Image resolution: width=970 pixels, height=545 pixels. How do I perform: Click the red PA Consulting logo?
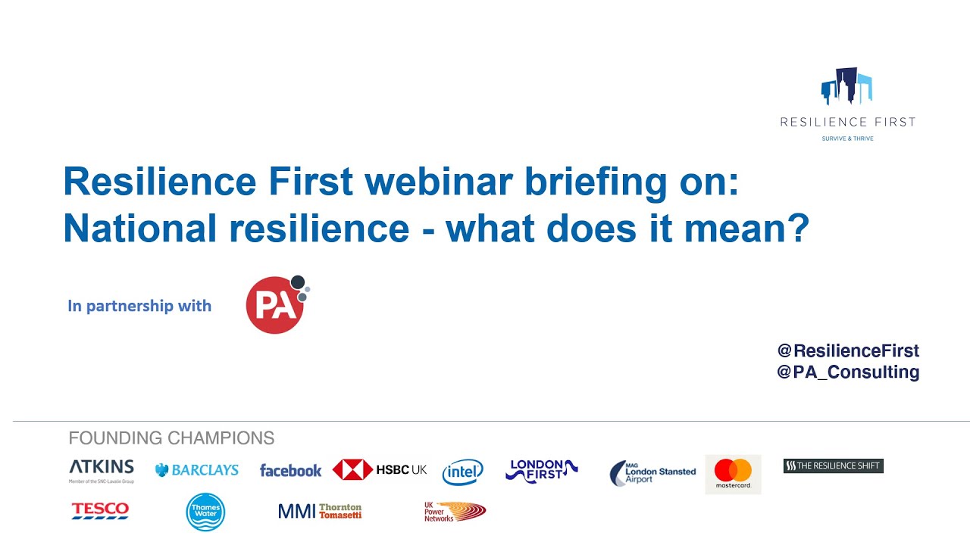(x=275, y=304)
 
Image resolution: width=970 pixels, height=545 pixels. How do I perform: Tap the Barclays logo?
(x=197, y=470)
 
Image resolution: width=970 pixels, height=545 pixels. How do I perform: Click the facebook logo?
(x=290, y=471)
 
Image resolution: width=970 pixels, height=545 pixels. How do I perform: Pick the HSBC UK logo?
(x=380, y=470)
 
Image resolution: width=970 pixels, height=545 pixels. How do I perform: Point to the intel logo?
(x=462, y=472)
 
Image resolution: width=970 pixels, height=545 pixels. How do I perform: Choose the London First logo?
(x=541, y=470)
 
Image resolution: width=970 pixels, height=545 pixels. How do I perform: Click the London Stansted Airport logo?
(x=652, y=473)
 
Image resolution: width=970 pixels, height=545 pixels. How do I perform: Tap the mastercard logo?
(x=733, y=474)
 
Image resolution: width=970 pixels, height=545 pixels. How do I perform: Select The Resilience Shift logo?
(x=833, y=466)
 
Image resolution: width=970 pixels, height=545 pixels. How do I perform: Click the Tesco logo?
(x=100, y=511)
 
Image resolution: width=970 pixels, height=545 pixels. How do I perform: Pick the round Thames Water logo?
(x=205, y=512)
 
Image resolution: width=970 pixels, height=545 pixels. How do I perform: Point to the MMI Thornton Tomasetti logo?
(x=320, y=512)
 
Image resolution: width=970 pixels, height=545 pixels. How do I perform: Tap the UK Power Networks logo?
(x=454, y=512)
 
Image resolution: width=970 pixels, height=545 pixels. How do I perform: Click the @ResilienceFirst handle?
(x=848, y=350)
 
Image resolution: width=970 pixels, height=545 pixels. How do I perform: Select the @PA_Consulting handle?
(x=848, y=372)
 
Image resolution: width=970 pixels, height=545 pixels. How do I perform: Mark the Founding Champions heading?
(x=171, y=438)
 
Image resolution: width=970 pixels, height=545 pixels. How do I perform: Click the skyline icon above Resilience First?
(x=846, y=86)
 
